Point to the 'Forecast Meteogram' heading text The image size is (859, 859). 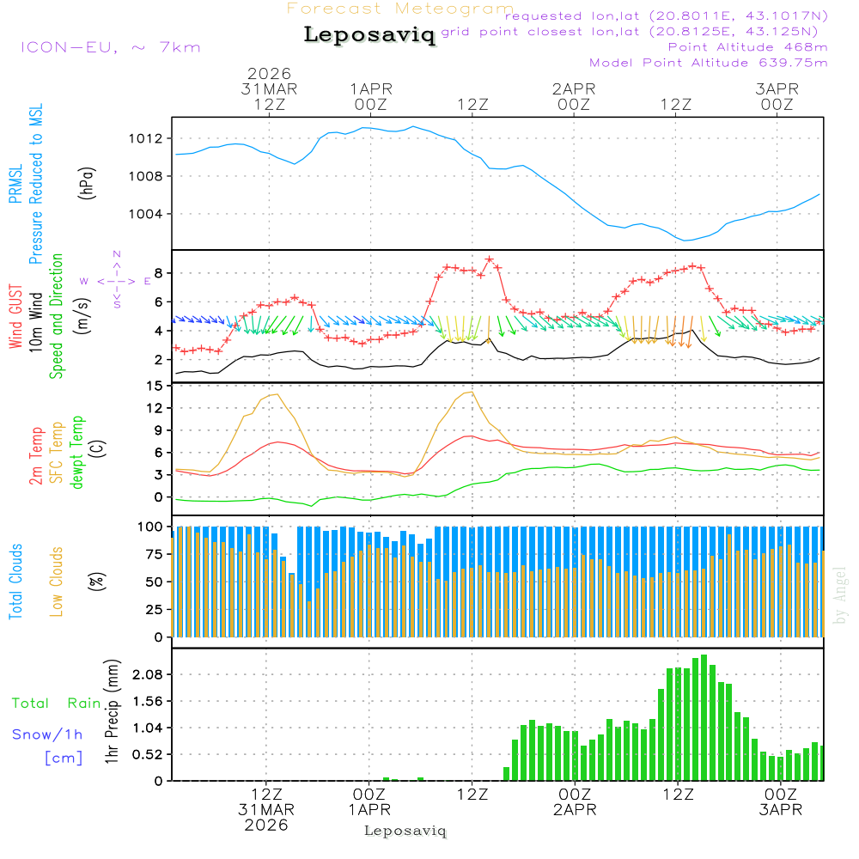pos(399,9)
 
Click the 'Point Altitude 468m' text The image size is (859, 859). pos(747,47)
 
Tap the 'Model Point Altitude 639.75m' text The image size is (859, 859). pos(709,63)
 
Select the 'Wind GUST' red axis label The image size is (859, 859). pos(16,317)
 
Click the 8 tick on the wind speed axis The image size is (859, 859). pos(159,273)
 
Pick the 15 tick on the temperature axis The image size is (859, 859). pos(155,387)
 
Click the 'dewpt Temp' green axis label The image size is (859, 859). pos(78,453)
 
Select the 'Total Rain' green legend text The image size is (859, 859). pos(56,704)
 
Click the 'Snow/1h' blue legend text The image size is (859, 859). pos(47,734)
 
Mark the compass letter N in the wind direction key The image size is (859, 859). pos(117,254)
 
